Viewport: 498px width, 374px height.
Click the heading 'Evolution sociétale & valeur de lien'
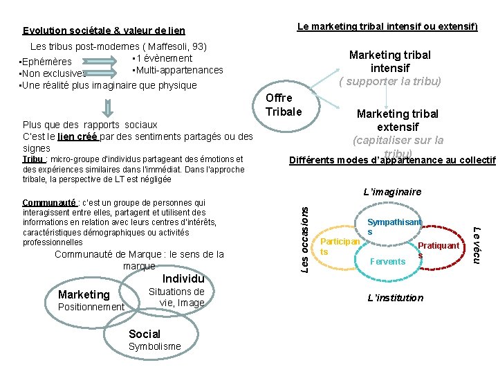click(104, 30)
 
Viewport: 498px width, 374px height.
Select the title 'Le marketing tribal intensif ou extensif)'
click(387, 26)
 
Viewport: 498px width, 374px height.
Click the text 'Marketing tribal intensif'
click(389, 61)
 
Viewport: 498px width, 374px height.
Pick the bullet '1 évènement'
click(163, 58)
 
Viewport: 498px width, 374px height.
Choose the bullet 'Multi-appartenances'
click(178, 70)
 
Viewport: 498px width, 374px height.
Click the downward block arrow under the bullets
click(107, 108)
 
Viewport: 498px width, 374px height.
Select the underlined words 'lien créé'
click(77, 136)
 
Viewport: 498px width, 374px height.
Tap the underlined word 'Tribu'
click(34, 159)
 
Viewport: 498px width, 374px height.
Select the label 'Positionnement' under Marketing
click(91, 307)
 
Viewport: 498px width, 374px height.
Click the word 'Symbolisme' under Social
click(155, 346)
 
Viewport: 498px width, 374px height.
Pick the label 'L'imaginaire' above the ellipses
click(393, 192)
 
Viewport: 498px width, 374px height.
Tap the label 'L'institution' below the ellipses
click(395, 298)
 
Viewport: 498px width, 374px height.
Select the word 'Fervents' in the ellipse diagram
click(388, 261)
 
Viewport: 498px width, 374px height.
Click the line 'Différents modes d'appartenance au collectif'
click(391, 161)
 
